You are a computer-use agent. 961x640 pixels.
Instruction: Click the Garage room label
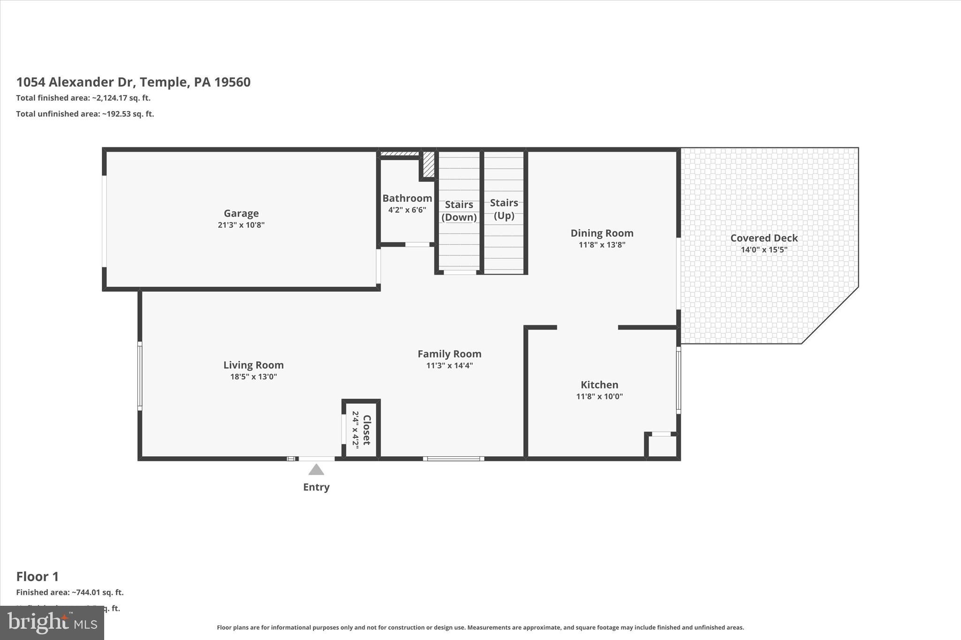[241, 213]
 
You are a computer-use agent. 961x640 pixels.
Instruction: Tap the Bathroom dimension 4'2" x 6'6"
[407, 210]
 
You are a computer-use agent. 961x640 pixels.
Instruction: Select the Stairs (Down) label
[459, 211]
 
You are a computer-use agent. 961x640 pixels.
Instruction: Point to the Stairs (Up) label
[504, 209]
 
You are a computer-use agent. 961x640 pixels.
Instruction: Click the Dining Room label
[602, 233]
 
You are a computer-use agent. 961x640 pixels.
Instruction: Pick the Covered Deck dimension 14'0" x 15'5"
[763, 249]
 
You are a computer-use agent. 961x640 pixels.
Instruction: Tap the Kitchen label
[599, 384]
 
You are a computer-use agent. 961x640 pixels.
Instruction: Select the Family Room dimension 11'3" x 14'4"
[449, 365]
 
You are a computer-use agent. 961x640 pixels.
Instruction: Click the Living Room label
[253, 365]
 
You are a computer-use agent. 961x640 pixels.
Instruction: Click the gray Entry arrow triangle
[316, 470]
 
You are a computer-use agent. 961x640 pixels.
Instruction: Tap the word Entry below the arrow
[316, 487]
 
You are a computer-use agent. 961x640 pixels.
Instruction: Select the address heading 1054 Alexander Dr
[133, 82]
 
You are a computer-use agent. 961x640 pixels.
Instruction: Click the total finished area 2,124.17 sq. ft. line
[84, 98]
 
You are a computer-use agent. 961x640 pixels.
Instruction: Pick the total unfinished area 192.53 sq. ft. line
[85, 114]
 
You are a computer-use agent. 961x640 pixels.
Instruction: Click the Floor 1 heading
[38, 576]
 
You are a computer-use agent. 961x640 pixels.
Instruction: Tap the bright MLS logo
[52, 623]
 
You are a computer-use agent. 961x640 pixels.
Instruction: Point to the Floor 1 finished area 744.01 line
[70, 592]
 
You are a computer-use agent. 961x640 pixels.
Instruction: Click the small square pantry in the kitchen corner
[662, 446]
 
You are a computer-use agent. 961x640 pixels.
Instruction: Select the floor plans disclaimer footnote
[480, 627]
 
